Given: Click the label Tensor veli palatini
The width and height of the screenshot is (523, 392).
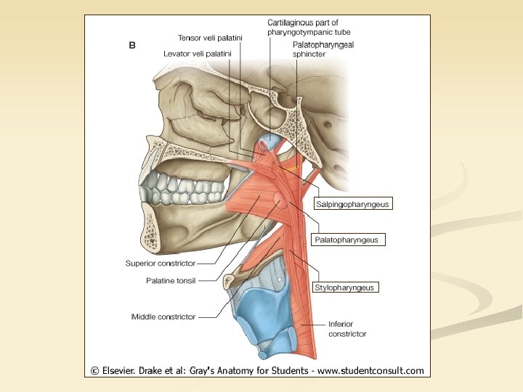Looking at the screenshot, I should point(210,37).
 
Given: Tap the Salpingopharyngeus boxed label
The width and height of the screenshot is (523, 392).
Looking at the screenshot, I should point(353,204).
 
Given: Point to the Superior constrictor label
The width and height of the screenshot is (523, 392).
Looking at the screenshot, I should point(160,264).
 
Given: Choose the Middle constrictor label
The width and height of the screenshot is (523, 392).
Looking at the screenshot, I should point(163,317).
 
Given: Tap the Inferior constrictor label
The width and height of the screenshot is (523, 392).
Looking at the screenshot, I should point(347,329).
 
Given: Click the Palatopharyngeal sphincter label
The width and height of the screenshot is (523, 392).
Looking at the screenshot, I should point(320,49).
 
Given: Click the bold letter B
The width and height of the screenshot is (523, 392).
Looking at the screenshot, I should point(131,45).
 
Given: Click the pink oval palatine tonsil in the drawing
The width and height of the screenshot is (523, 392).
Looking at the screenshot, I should point(278,198).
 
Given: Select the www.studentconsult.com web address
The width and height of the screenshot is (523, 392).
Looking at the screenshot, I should point(370,370).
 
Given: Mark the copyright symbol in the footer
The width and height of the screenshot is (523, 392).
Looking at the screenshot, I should point(94,370).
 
